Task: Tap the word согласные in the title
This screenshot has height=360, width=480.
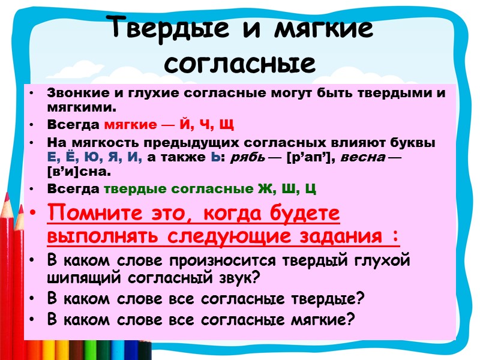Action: point(240,62)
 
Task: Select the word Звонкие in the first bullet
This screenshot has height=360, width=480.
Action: point(71,94)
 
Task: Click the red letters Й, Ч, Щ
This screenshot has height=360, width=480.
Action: point(209,125)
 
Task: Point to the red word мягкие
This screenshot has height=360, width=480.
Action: point(127,125)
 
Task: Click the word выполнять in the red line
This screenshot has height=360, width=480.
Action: point(95,236)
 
